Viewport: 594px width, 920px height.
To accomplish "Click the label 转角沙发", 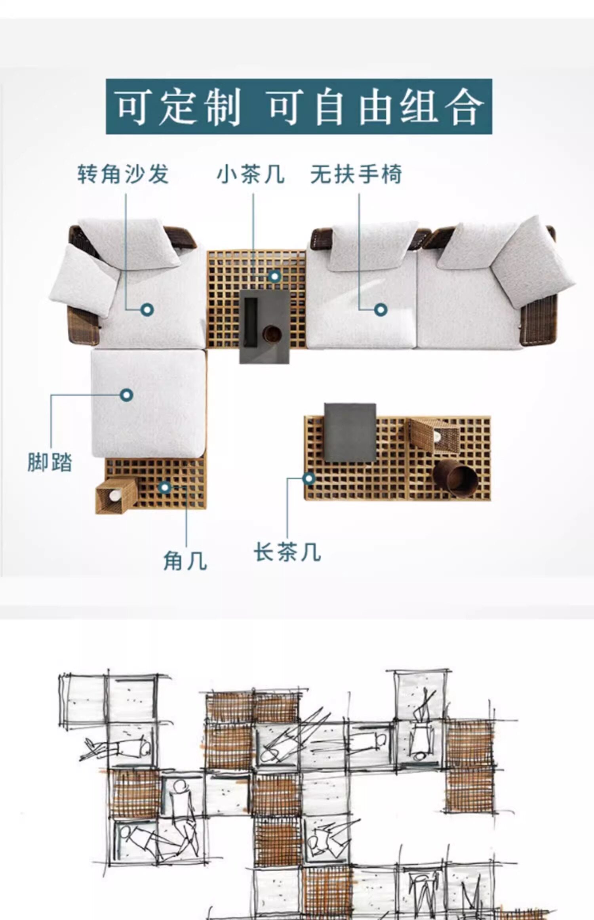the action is tap(123, 174).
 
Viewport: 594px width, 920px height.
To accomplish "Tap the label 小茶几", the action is tap(251, 174).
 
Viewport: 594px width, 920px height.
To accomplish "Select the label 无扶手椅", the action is tap(356, 174).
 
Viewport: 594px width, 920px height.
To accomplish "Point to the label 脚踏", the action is tap(50, 462).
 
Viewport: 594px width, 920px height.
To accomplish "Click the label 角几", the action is tap(185, 561).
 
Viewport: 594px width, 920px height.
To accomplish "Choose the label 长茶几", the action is tap(287, 552).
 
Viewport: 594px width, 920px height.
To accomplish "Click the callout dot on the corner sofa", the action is tap(147, 309).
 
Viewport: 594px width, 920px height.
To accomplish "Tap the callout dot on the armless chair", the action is tap(381, 309).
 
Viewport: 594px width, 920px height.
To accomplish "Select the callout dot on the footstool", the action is tap(127, 395).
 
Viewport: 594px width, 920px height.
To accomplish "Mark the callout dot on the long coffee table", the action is tap(309, 478).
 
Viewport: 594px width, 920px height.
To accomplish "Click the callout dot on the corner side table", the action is tap(165, 487).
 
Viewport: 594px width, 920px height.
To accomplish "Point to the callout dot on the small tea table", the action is tap(274, 276).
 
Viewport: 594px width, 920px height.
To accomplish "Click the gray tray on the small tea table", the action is tap(265, 326).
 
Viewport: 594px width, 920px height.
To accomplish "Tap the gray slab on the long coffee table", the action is tap(350, 433).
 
